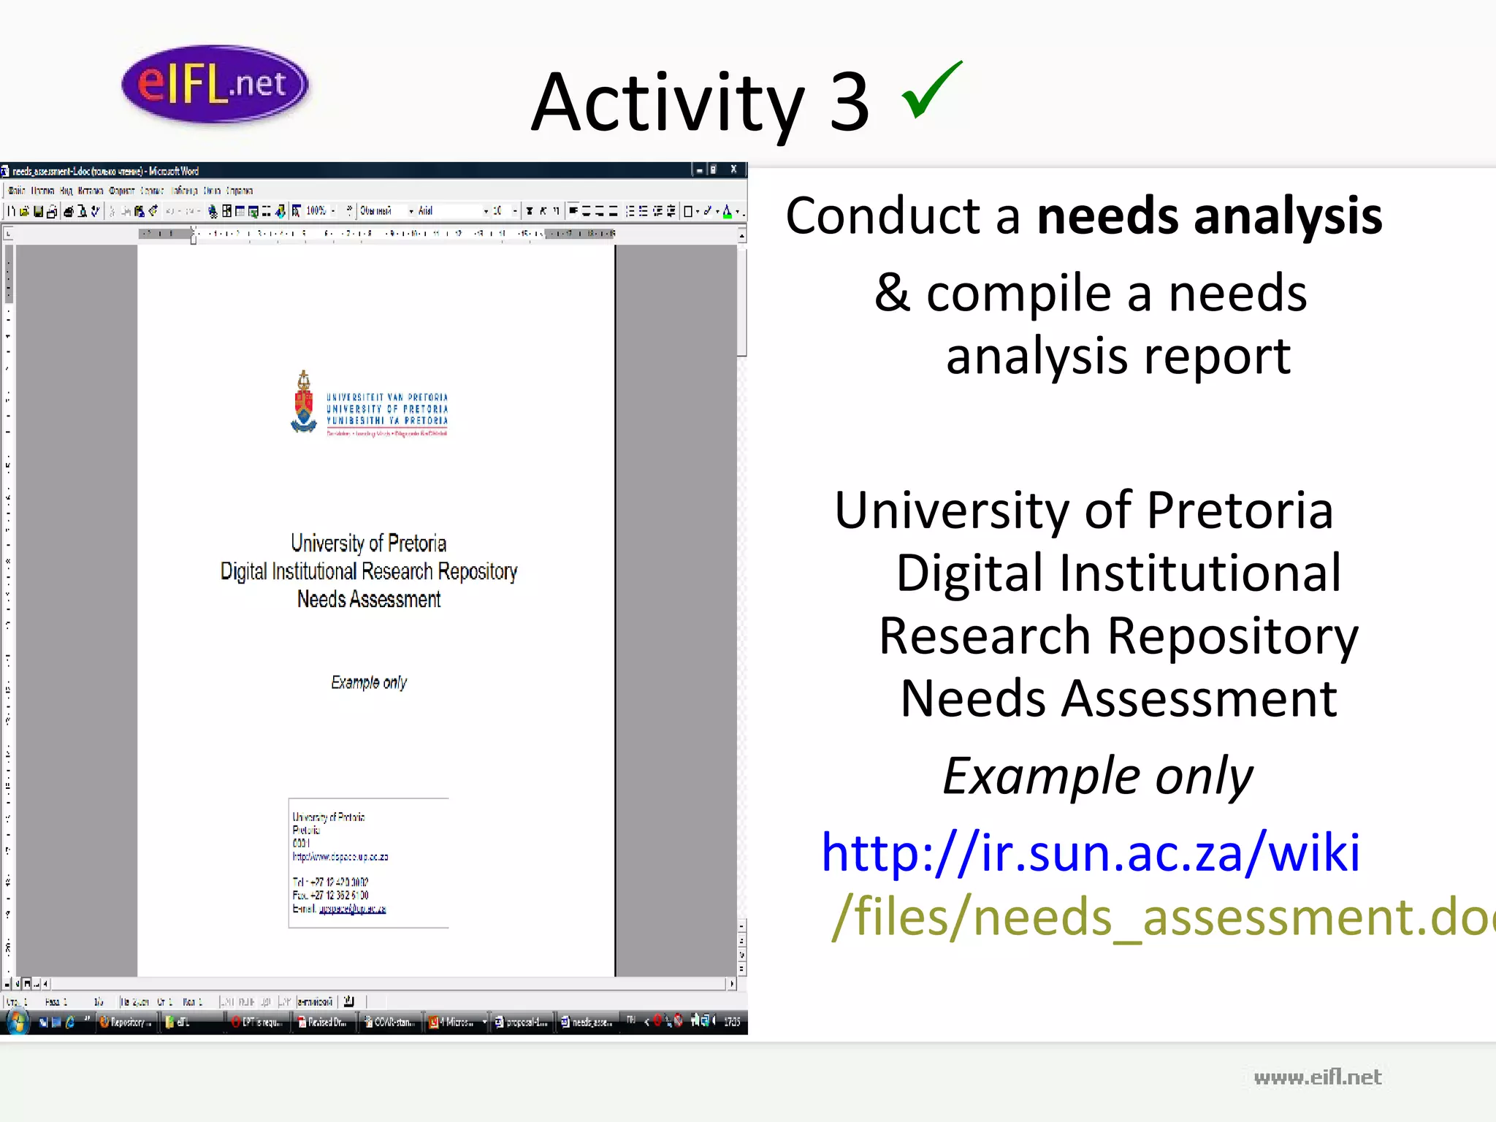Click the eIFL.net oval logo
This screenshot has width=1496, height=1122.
tap(215, 84)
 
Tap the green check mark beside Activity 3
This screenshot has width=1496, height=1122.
tap(931, 91)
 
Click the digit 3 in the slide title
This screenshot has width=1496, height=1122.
tap(850, 103)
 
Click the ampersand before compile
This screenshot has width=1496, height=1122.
tap(893, 292)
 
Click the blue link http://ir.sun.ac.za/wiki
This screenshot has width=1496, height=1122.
tap(1091, 852)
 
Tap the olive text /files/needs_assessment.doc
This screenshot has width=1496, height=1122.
tap(1161, 917)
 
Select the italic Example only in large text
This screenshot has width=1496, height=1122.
tap(1098, 776)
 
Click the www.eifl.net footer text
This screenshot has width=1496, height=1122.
tap(1317, 1077)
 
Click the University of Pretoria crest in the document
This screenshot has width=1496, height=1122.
tap(304, 402)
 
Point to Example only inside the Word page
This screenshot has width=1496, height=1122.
tap(369, 682)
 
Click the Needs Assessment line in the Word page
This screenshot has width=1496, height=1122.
tap(369, 600)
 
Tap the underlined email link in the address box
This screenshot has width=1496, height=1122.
tap(353, 909)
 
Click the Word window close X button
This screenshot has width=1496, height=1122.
tap(733, 169)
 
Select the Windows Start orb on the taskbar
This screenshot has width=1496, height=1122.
tap(17, 1022)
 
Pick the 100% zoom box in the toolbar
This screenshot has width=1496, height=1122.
tap(317, 211)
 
